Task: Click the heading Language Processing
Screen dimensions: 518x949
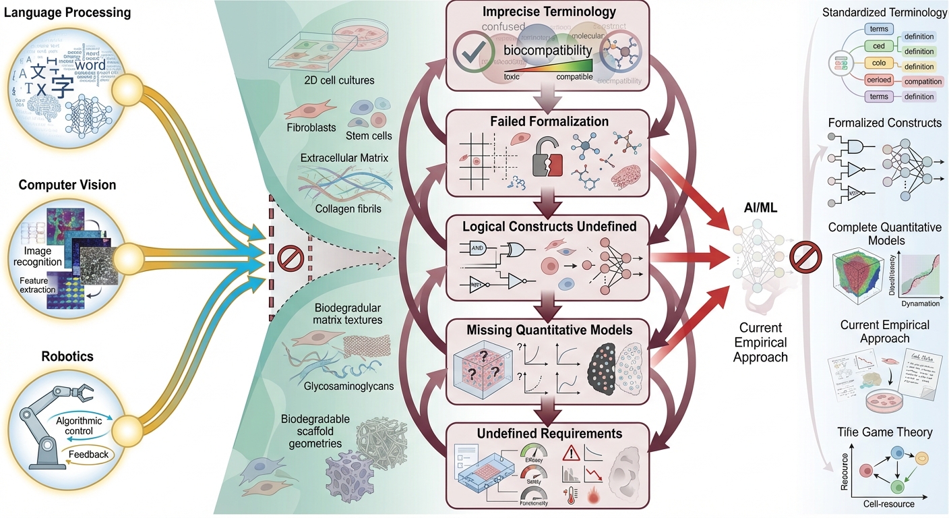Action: pyautogui.click(x=65, y=13)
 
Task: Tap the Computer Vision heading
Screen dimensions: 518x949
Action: pyautogui.click(x=67, y=185)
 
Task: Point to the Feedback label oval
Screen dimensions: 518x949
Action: pyautogui.click(x=88, y=454)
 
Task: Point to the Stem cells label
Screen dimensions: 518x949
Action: pyautogui.click(x=369, y=136)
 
